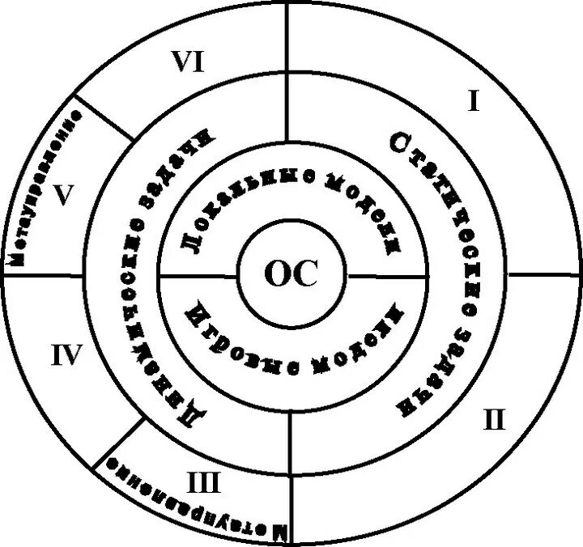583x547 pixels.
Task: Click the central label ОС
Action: pyautogui.click(x=291, y=275)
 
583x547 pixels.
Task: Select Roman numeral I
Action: pyautogui.click(x=474, y=101)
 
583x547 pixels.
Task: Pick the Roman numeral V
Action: pyautogui.click(x=64, y=195)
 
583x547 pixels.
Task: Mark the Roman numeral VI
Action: pyautogui.click(x=187, y=63)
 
